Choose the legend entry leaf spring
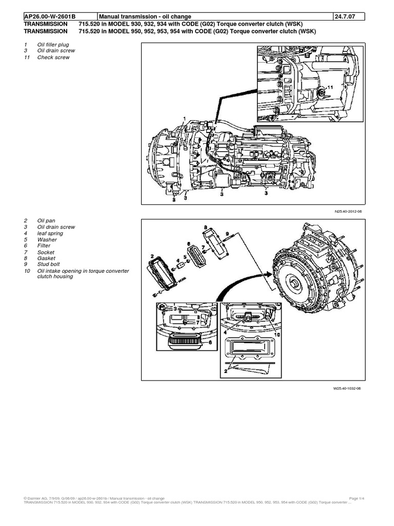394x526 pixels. click(50, 233)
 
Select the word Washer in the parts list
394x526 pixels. click(46, 239)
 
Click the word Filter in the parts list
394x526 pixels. click(44, 246)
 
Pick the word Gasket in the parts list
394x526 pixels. click(46, 258)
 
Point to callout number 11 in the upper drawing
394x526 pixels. click(329, 88)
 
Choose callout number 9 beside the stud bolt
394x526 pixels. click(227, 234)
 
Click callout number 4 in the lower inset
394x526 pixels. click(225, 332)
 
